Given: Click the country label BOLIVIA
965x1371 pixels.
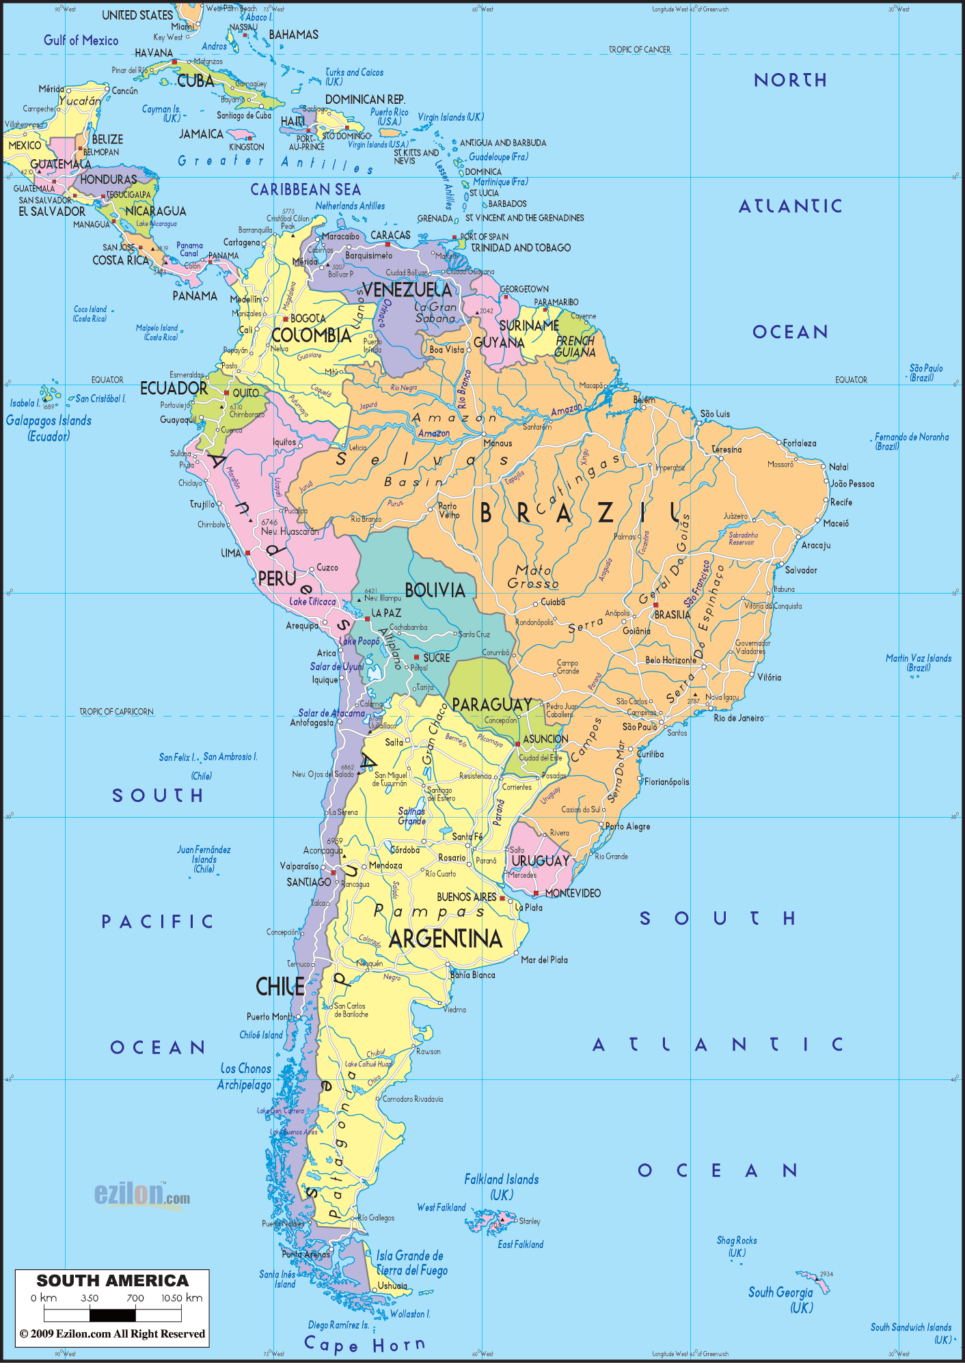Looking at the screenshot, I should tap(435, 590).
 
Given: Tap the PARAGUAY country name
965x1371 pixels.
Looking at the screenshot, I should tap(492, 704).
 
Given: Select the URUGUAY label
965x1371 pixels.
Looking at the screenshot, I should tap(540, 861).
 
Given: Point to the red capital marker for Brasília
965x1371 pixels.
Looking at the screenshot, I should tap(655, 605).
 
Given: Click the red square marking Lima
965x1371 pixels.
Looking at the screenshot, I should tap(247, 553).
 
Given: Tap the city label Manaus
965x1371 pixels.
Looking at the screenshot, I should tap(498, 443).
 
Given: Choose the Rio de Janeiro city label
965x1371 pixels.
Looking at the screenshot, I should tap(738, 718).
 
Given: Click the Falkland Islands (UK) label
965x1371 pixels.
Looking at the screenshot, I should tap(502, 1187).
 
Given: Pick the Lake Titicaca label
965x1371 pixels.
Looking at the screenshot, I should tap(312, 602).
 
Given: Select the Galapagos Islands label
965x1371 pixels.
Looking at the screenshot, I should tap(49, 428).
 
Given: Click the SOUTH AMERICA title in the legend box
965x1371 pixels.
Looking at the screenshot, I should tap(112, 1281).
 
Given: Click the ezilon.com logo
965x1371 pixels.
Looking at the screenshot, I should tap(141, 1194).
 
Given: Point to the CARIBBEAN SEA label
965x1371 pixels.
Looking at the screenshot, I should tap(305, 189).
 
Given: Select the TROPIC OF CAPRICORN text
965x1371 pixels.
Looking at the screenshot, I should tap(116, 711).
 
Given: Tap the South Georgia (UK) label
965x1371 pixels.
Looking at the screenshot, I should tap(780, 1299).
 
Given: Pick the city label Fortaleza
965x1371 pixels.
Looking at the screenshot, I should tap(799, 443).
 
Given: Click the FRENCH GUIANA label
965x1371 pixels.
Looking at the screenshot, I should tap(575, 346).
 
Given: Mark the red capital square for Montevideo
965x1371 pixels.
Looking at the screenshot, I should tap(536, 893).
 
